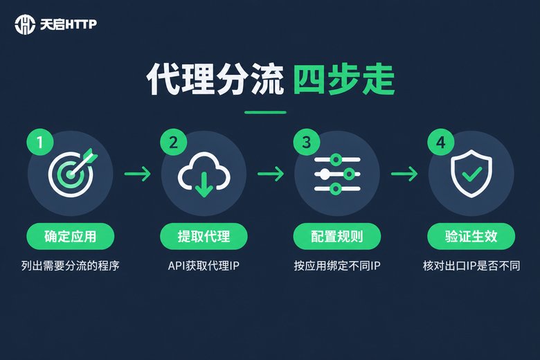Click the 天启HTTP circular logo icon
tap(25, 24)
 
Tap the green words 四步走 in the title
tap(343, 80)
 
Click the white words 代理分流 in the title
tap(215, 80)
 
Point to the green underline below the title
tap(265, 112)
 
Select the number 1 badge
tap(40, 142)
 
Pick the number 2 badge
tap(174, 142)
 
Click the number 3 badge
tap(307, 142)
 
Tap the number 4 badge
tap(441, 142)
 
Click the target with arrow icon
tap(72, 173)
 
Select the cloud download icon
tap(204, 174)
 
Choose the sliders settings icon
tap(337, 174)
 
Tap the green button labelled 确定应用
tap(70, 236)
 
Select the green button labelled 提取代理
tap(204, 236)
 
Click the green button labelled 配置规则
tap(337, 236)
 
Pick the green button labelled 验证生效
tap(471, 236)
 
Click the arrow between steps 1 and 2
tap(138, 174)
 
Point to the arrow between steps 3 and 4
tap(404, 174)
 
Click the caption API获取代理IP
tap(204, 266)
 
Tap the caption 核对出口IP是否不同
tap(471, 266)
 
